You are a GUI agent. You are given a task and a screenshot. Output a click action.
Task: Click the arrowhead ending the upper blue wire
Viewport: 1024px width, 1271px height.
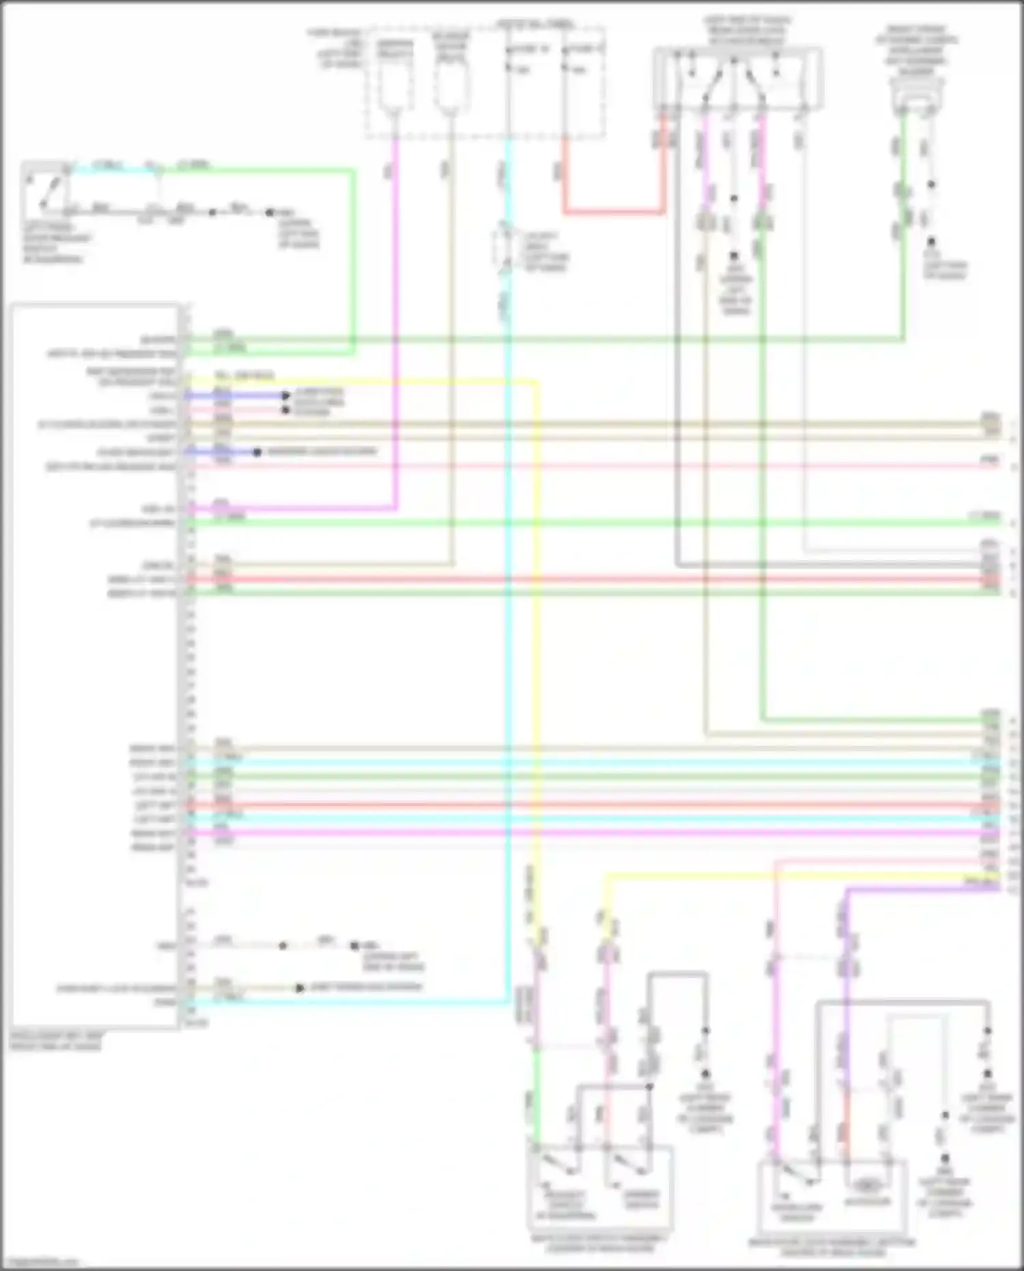pos(287,395)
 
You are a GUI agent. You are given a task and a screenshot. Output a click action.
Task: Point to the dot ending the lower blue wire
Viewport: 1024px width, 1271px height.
pos(257,452)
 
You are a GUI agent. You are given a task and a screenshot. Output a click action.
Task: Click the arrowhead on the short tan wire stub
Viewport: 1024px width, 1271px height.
pos(299,988)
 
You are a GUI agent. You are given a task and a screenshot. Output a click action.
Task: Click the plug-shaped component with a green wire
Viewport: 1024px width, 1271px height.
pos(916,96)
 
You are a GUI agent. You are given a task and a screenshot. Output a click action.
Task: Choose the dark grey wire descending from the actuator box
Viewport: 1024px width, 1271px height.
pos(677,341)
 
